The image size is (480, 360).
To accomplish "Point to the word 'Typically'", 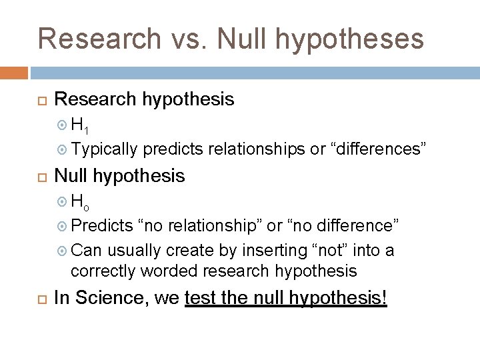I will (104, 149).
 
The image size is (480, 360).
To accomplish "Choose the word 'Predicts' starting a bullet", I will (102, 225).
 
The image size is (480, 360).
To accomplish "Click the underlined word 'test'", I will (199, 298).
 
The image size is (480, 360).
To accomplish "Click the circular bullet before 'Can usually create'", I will (63, 251).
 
